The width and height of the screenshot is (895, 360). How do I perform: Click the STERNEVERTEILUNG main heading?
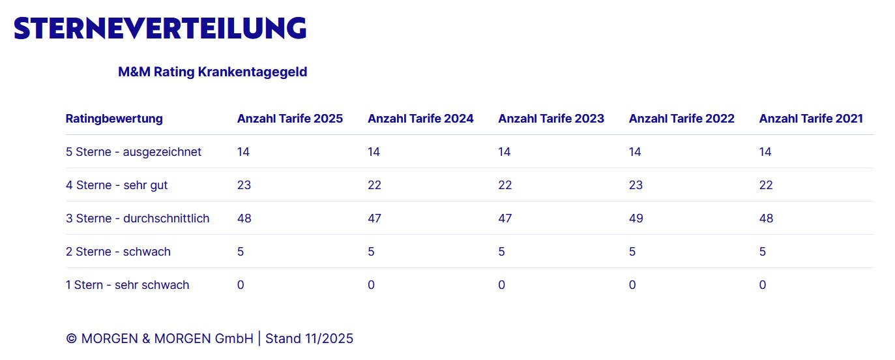pyautogui.click(x=160, y=28)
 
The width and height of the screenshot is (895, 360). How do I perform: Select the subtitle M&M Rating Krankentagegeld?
pyautogui.click(x=213, y=72)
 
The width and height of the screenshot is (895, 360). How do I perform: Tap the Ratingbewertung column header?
pyautogui.click(x=114, y=119)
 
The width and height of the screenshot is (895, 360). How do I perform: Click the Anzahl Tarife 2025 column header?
pyautogui.click(x=289, y=119)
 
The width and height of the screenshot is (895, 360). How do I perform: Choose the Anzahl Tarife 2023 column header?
pyautogui.click(x=551, y=119)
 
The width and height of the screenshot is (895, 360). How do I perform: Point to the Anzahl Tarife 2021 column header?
pyautogui.click(x=811, y=119)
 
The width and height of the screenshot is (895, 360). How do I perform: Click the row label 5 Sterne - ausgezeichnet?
pyautogui.click(x=134, y=152)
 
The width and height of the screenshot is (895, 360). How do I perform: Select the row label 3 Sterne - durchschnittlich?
pyautogui.click(x=138, y=218)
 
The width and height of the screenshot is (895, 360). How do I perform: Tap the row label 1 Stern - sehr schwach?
pyautogui.click(x=127, y=285)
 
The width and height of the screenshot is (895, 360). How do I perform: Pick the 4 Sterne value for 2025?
pyautogui.click(x=244, y=185)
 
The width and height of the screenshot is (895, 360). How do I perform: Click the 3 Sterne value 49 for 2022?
pyautogui.click(x=636, y=218)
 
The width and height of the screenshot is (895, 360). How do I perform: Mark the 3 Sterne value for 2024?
pyautogui.click(x=374, y=218)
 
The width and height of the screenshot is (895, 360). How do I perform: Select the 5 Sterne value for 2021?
pyautogui.click(x=765, y=152)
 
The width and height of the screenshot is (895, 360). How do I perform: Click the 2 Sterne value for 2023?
pyautogui.click(x=501, y=252)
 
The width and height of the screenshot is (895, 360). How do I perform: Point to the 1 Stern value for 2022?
pyautogui.click(x=632, y=285)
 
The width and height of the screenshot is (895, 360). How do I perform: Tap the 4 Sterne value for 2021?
pyautogui.click(x=766, y=185)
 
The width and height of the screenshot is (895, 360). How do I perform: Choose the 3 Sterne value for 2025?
pyautogui.click(x=244, y=218)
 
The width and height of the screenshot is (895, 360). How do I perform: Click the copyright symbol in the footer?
pyautogui.click(x=72, y=339)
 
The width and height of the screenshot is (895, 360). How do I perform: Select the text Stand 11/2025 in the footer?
pyautogui.click(x=309, y=339)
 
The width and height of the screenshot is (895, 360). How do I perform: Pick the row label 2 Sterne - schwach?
pyautogui.click(x=118, y=252)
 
